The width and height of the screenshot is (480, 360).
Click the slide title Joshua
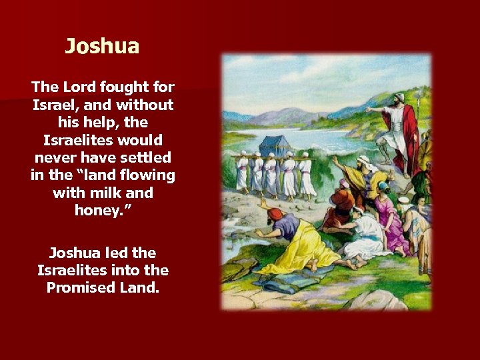coord(102,47)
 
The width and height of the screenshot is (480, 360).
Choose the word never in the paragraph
coord(55,158)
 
